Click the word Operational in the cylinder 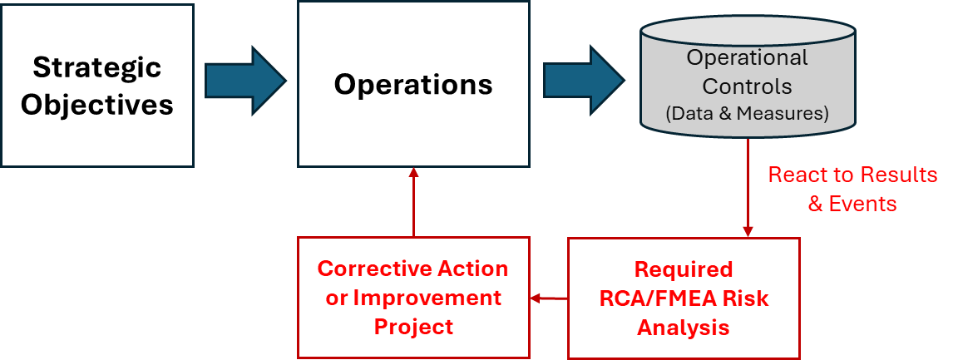(747, 58)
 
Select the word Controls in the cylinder (747, 86)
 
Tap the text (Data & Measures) (747, 114)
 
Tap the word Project (413, 326)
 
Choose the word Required (684, 269)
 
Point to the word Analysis (684, 328)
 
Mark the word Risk (745, 298)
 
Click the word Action (475, 269)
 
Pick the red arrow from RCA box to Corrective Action (549, 298)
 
